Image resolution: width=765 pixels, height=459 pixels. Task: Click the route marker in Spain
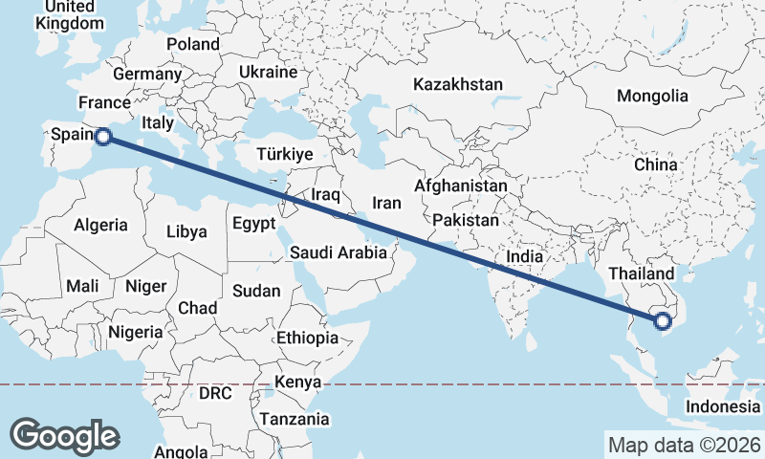click(103, 137)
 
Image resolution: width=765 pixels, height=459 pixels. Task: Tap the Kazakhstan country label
click(458, 85)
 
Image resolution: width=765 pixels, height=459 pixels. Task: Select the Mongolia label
click(652, 96)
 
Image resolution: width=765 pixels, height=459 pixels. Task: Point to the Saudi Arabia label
click(339, 253)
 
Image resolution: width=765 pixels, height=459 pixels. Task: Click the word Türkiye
click(285, 155)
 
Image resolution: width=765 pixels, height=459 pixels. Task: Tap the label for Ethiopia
click(307, 338)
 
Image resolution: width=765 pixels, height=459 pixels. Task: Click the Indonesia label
click(723, 406)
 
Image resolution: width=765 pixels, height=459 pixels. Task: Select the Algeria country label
click(101, 225)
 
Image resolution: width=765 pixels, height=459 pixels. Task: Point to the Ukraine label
click(269, 72)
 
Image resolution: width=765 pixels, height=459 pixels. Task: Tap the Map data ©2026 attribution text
click(684, 445)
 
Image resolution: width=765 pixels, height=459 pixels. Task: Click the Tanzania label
click(295, 419)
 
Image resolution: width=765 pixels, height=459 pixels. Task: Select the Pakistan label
click(466, 220)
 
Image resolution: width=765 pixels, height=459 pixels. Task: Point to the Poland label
click(193, 44)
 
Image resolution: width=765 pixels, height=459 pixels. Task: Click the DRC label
click(215, 393)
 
